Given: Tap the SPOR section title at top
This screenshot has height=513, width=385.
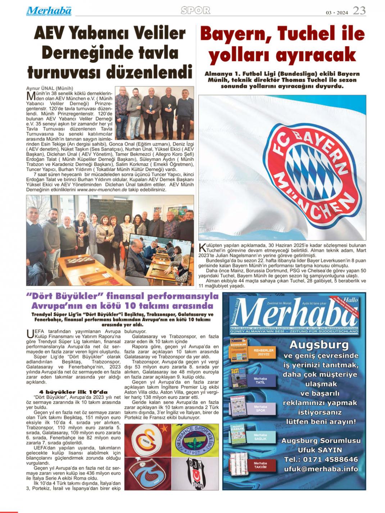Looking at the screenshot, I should [195, 10].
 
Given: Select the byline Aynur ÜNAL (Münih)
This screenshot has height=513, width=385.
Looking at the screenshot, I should [50, 88].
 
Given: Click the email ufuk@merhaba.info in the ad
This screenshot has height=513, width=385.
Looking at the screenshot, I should [321, 469].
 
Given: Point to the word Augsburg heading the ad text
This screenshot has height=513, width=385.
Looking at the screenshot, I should [319, 345].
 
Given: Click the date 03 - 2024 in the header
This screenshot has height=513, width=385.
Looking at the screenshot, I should [337, 13].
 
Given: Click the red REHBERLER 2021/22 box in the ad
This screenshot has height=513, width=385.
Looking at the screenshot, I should [264, 352].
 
